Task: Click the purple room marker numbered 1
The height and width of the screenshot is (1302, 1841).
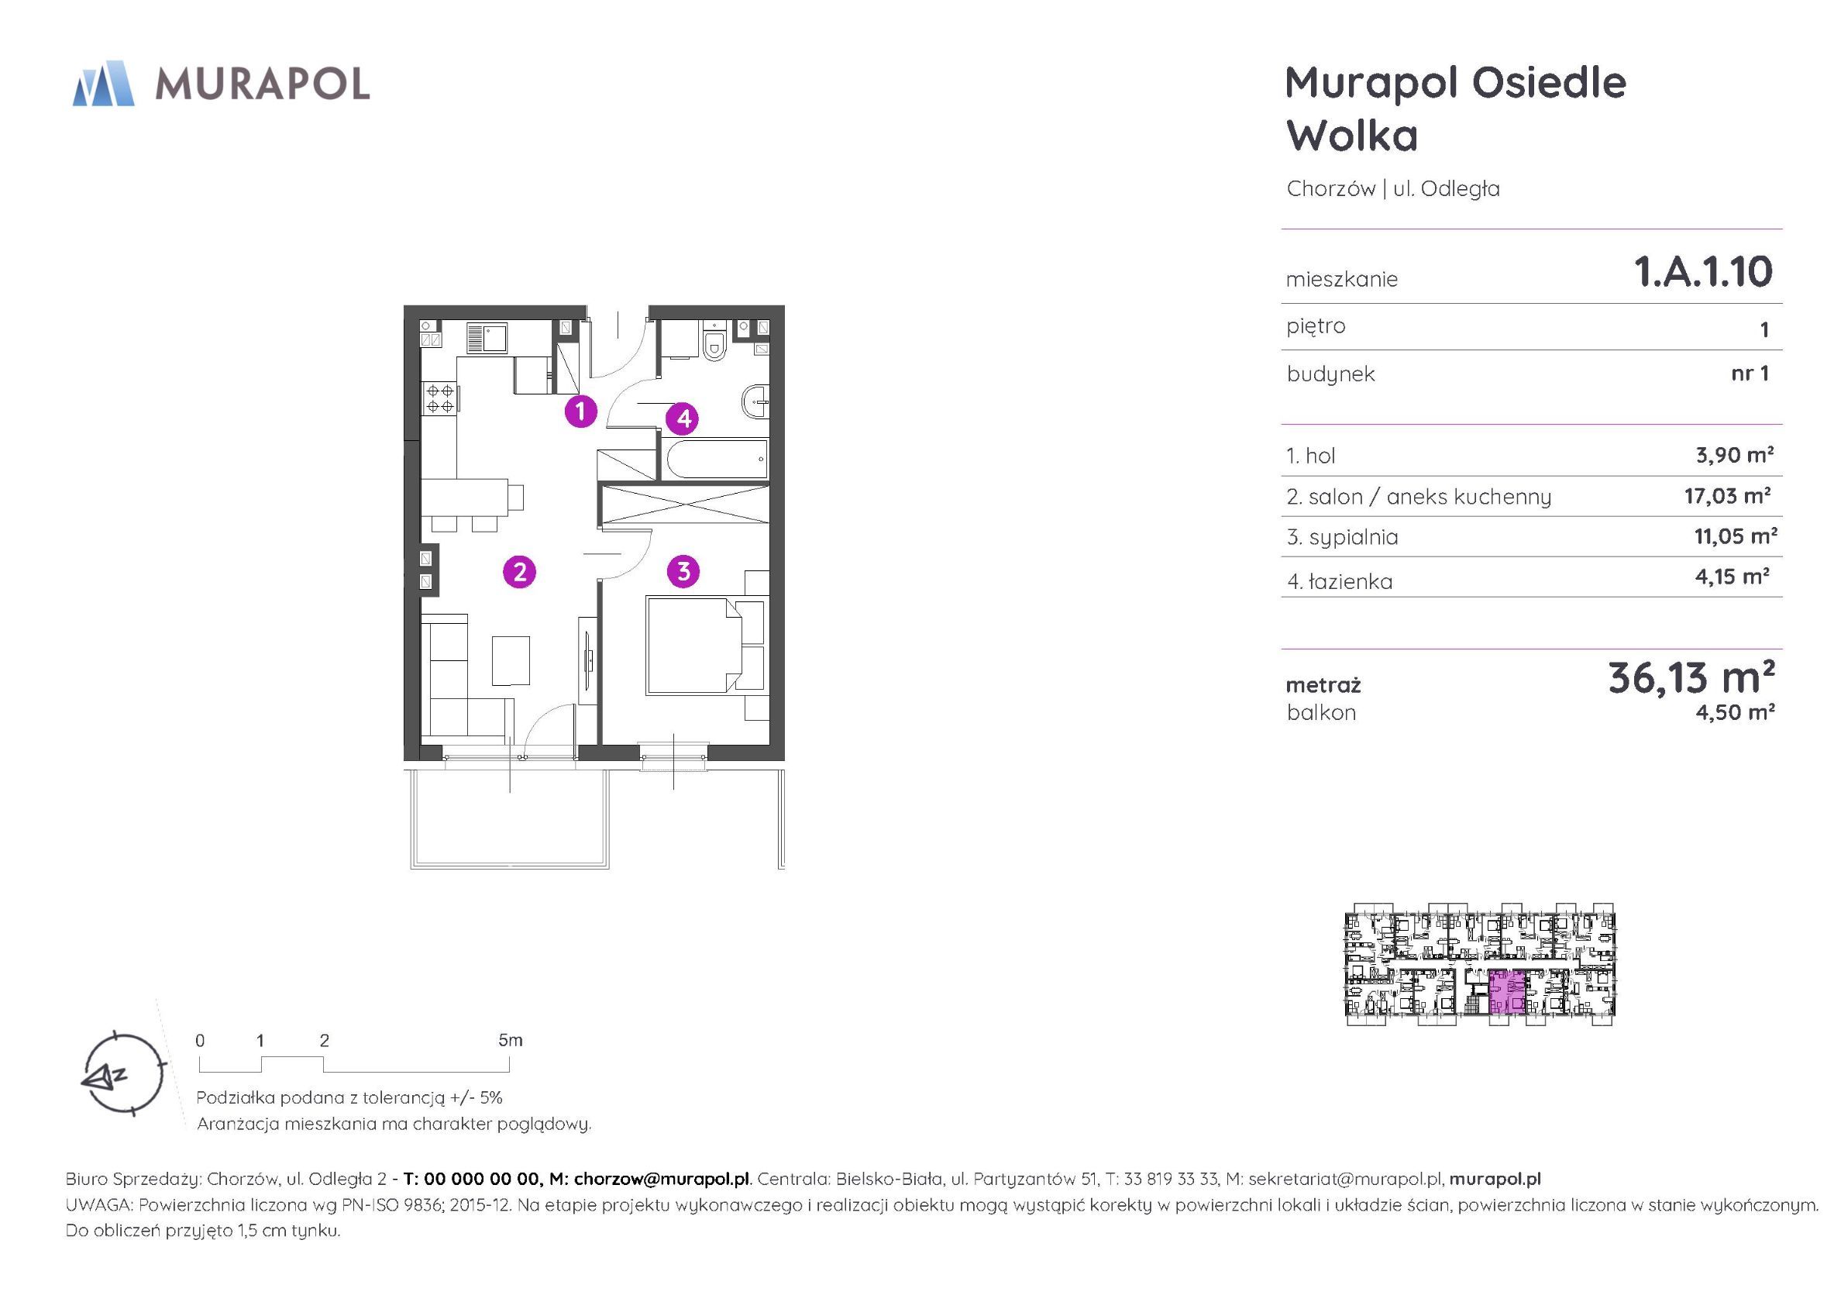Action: click(580, 412)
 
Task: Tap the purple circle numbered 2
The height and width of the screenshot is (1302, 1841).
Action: click(520, 572)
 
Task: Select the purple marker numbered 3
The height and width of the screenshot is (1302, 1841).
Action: click(683, 571)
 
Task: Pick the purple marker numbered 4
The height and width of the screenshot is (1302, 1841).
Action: click(683, 418)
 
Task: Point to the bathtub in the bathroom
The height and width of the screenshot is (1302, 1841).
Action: click(714, 458)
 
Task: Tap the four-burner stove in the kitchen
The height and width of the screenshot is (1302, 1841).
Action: click(439, 398)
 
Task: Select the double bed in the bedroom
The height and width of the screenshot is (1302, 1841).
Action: click(694, 644)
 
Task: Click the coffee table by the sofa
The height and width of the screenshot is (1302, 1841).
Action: click(511, 660)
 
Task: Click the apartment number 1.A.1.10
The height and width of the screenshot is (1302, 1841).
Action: click(1703, 272)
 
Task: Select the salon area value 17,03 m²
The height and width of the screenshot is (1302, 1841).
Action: click(1727, 496)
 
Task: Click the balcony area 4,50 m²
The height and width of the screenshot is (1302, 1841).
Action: click(1734, 712)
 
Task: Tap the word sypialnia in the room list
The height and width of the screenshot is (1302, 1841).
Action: click(1354, 538)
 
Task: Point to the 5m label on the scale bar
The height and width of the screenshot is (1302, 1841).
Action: click(510, 1041)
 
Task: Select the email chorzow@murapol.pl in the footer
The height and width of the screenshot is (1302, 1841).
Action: click(662, 1180)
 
